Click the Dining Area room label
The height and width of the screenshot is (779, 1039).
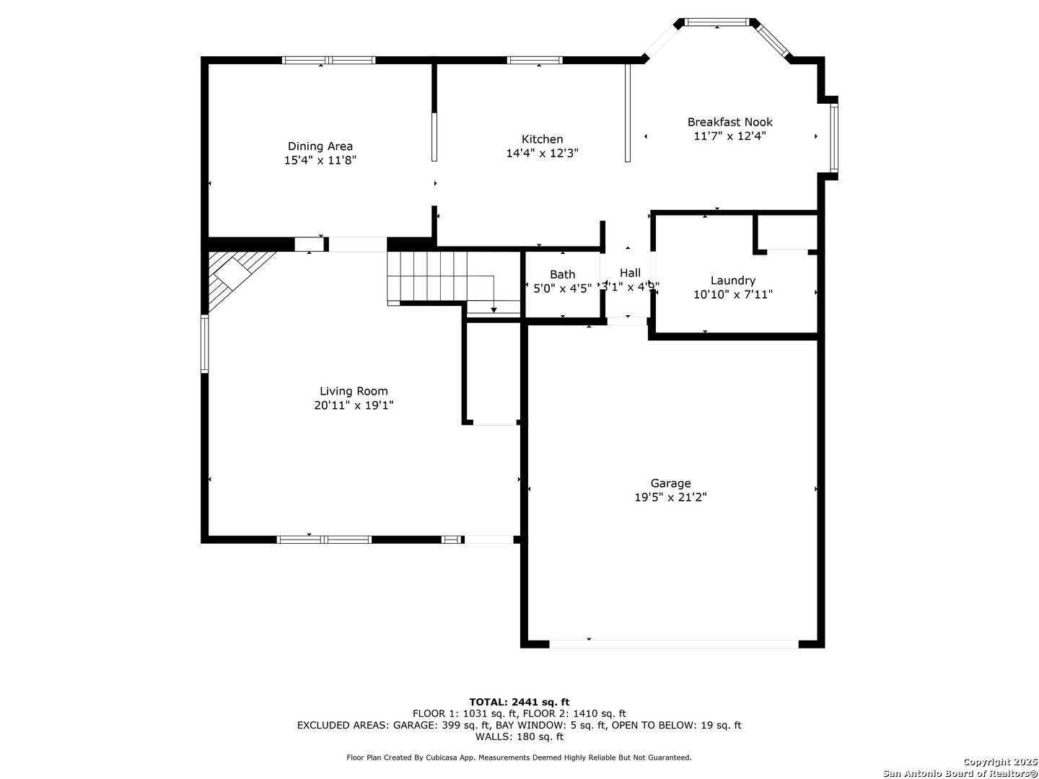pos(320,146)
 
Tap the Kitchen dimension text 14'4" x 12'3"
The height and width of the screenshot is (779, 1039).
pos(542,153)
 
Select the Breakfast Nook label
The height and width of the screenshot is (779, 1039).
pos(729,122)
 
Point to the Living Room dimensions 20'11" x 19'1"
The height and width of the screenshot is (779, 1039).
pos(354,405)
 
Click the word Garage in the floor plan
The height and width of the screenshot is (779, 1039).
pos(670,483)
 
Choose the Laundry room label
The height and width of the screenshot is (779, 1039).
pos(733,281)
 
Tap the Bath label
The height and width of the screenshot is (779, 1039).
pos(562,274)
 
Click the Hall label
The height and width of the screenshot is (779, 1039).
pos(630,273)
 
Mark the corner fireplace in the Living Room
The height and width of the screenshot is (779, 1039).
pos(237,277)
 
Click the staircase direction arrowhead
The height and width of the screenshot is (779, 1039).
pos(494,310)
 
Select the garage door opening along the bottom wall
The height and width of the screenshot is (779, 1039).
pos(674,643)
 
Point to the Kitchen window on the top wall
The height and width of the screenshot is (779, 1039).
pos(535,60)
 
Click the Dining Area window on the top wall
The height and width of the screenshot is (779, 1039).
pos(328,60)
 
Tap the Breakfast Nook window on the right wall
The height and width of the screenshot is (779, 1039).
pos(833,138)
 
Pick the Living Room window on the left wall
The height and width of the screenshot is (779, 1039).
pos(204,344)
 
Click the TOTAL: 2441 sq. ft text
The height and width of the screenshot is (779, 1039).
pos(519,702)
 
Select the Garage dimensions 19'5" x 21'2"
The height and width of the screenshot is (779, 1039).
pos(670,497)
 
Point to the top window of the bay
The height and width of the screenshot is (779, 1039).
pos(717,22)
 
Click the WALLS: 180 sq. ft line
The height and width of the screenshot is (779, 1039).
pos(519,736)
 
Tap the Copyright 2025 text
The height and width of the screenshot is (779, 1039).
pos(1000,762)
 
